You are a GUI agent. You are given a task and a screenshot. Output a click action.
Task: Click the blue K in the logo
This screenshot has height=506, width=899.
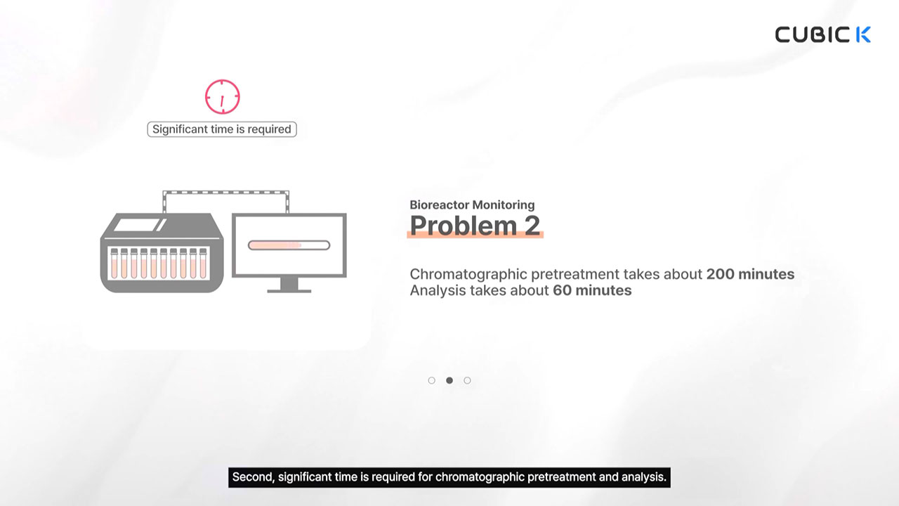pyautogui.click(x=863, y=34)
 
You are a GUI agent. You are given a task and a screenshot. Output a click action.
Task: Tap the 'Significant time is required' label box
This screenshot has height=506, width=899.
pyautogui.click(x=222, y=129)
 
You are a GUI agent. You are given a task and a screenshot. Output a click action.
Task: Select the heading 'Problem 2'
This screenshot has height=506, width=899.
pyautogui.click(x=475, y=226)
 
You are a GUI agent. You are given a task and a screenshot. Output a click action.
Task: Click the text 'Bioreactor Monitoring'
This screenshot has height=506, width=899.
pyautogui.click(x=472, y=205)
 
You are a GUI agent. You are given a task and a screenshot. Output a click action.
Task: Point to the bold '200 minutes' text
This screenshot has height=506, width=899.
pyautogui.click(x=750, y=274)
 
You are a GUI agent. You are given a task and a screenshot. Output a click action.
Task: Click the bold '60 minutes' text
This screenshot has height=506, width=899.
pyautogui.click(x=592, y=290)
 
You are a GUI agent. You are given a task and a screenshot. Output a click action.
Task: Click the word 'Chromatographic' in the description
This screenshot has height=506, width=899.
pyautogui.click(x=468, y=275)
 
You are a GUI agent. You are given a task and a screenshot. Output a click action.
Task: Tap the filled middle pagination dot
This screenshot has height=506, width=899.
pyautogui.click(x=449, y=380)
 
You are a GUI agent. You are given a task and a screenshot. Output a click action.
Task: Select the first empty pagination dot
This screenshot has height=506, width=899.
pyautogui.click(x=431, y=380)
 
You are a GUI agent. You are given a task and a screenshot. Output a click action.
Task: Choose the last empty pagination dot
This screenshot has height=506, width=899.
pyautogui.click(x=467, y=380)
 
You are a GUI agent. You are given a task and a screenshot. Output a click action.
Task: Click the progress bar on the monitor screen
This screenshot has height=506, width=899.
pyautogui.click(x=289, y=245)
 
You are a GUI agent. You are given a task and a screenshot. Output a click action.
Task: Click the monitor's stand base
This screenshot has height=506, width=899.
pyautogui.click(x=289, y=291)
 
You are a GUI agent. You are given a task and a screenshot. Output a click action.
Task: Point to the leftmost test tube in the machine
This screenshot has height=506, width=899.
pyautogui.click(x=114, y=264)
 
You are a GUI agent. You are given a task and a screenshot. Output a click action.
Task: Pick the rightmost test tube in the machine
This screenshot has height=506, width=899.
pyautogui.click(x=203, y=264)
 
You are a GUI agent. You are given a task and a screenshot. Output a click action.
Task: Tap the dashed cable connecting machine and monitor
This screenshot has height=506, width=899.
pyautogui.click(x=225, y=193)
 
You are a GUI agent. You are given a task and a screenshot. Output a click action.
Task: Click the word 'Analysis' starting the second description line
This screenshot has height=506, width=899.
pyautogui.click(x=437, y=290)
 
